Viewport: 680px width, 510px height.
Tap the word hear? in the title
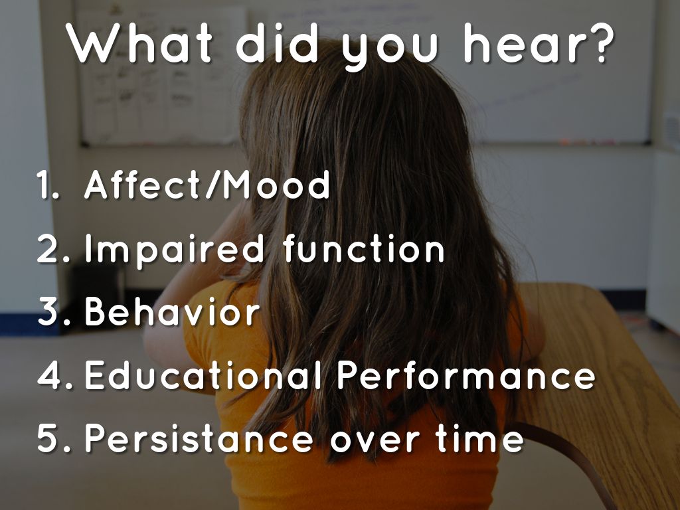point(539,43)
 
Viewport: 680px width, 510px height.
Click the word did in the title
point(277,43)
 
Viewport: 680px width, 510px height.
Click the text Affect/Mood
point(207,185)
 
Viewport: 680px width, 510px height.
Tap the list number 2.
point(53,248)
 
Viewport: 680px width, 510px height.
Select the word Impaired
point(174,250)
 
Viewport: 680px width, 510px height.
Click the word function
point(363,248)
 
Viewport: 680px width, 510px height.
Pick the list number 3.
point(54,311)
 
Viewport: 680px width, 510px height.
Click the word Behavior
point(172,311)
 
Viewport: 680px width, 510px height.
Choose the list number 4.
point(54,376)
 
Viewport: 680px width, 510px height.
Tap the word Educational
point(203,375)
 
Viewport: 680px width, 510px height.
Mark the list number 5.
point(54,439)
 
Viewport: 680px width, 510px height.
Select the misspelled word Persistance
point(199,438)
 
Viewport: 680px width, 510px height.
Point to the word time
point(480,438)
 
